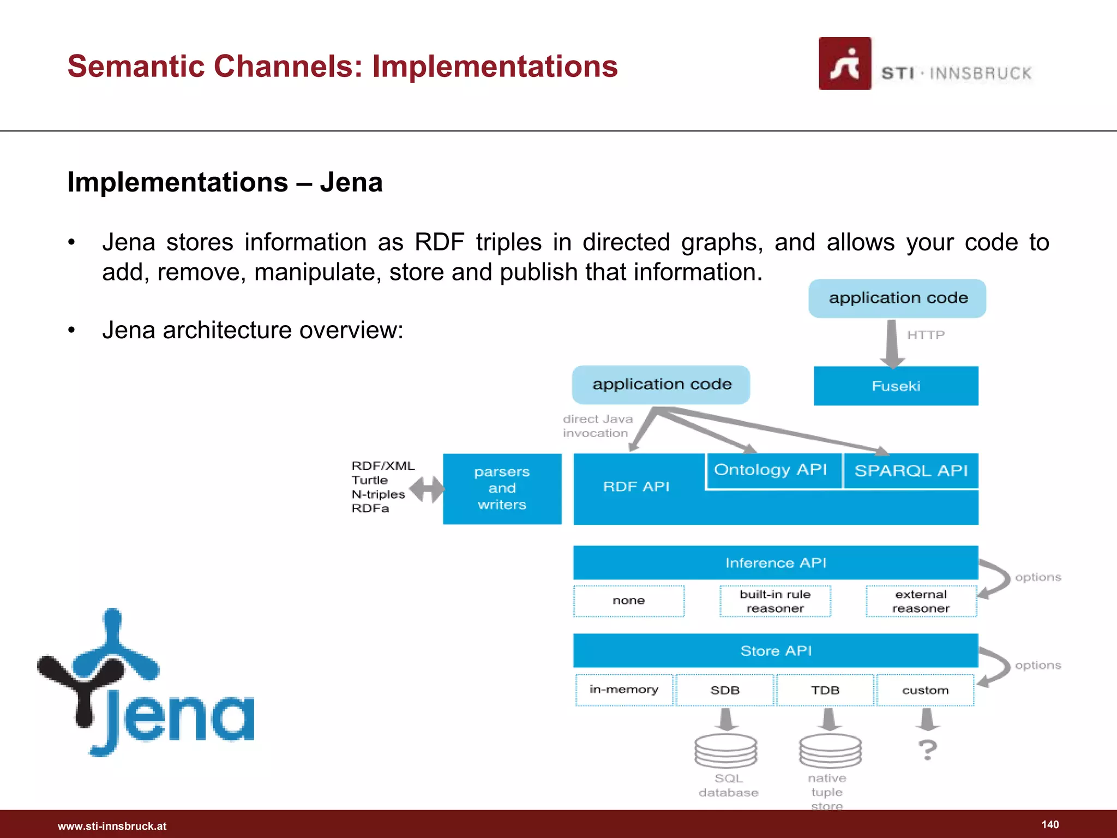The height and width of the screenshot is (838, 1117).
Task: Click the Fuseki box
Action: pyautogui.click(x=896, y=386)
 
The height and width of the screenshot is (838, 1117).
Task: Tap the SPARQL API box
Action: pyautogui.click(x=910, y=470)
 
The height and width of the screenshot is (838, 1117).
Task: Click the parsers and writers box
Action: pyautogui.click(x=502, y=488)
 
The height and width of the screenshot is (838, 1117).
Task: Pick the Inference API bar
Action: pyautogui.click(x=775, y=562)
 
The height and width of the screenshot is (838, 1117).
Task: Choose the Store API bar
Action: pyautogui.click(x=775, y=650)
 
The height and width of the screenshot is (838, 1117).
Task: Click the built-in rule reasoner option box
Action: pyautogui.click(x=775, y=601)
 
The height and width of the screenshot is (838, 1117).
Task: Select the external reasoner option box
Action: pyautogui.click(x=921, y=601)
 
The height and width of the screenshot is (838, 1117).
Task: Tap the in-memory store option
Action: pyautogui.click(x=624, y=690)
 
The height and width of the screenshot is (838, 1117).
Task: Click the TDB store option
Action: pyautogui.click(x=825, y=690)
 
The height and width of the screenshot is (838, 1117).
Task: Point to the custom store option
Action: pyautogui.click(x=925, y=690)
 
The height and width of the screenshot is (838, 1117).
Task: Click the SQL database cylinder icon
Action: pyautogui.click(x=725, y=751)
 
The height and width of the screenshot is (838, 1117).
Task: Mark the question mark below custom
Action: pyautogui.click(x=927, y=750)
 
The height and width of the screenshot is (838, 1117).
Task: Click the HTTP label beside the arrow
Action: pyautogui.click(x=926, y=335)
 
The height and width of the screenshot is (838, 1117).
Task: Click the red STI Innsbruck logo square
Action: pyautogui.click(x=844, y=63)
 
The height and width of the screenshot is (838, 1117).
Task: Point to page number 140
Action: pyautogui.click(x=1050, y=824)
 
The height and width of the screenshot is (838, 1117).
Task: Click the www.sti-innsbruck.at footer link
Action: pyautogui.click(x=112, y=826)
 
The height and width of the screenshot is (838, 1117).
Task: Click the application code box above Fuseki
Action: pyautogui.click(x=897, y=298)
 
